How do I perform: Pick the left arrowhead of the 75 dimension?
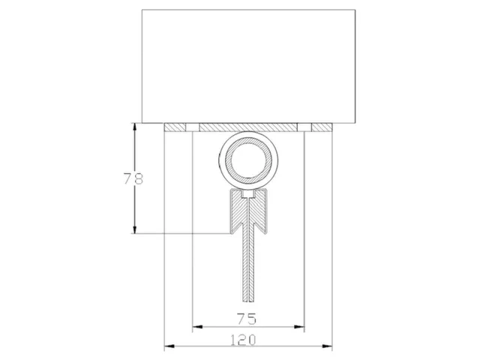tap(197, 327)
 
